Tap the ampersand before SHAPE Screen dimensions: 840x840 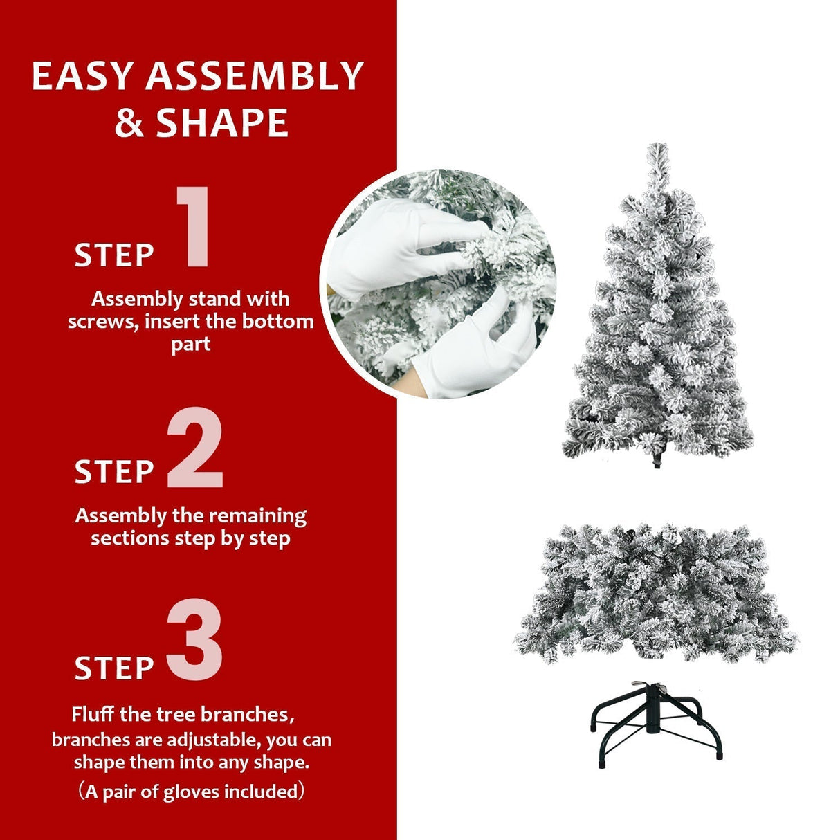pos(129,123)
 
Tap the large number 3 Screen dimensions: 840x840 pos(194,641)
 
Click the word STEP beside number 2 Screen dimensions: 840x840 pos(114,472)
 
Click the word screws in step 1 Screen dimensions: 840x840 pos(102,322)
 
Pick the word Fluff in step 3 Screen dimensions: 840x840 pos(93,714)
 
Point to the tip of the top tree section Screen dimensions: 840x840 pos(657,149)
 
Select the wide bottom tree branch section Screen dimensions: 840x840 pos(655,592)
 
